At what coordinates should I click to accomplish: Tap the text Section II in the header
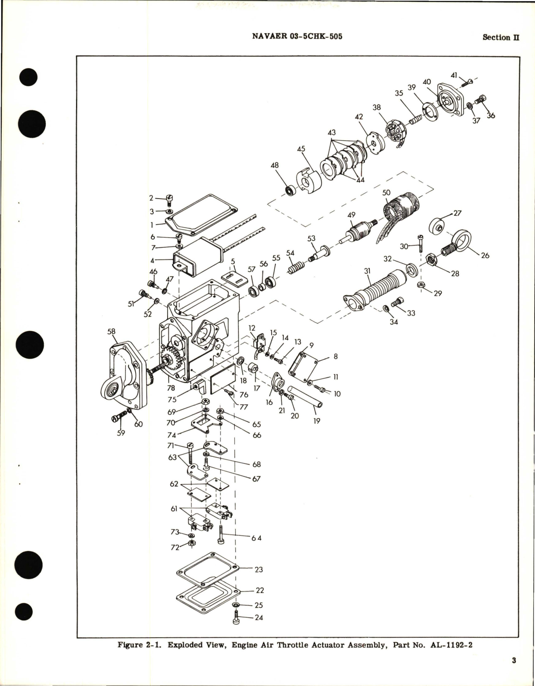click(x=501, y=37)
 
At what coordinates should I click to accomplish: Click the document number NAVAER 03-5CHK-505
click(x=297, y=37)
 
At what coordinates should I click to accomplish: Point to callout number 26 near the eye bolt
click(x=485, y=255)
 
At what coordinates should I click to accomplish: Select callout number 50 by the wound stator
click(x=386, y=192)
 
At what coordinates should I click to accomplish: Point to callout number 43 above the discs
click(x=332, y=133)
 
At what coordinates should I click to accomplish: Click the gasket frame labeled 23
click(x=208, y=569)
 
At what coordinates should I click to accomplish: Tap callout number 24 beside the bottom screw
click(x=259, y=618)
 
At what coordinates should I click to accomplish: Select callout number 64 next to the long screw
click(x=257, y=538)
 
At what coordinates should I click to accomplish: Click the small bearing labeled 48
click(x=290, y=190)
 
